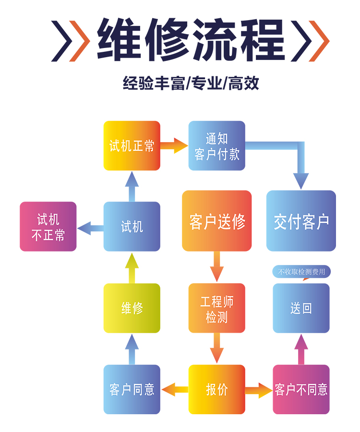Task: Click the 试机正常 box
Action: point(132,145)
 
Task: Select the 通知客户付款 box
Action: point(216,145)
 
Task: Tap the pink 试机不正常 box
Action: point(48,227)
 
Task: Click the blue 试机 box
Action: point(132,227)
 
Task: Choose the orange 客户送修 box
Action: point(216,221)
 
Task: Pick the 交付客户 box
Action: point(301,221)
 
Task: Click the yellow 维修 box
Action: point(132,308)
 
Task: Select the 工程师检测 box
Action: point(216,308)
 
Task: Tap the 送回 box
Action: point(301,308)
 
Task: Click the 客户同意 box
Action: point(132,389)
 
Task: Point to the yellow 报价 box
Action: point(216,389)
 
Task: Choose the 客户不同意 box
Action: point(301,389)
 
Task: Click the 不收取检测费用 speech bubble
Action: point(301,272)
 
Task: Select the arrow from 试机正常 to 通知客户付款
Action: point(174,145)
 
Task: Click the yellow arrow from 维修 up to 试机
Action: point(132,267)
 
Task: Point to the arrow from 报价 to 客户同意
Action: point(174,389)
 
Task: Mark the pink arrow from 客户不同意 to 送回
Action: point(301,349)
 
